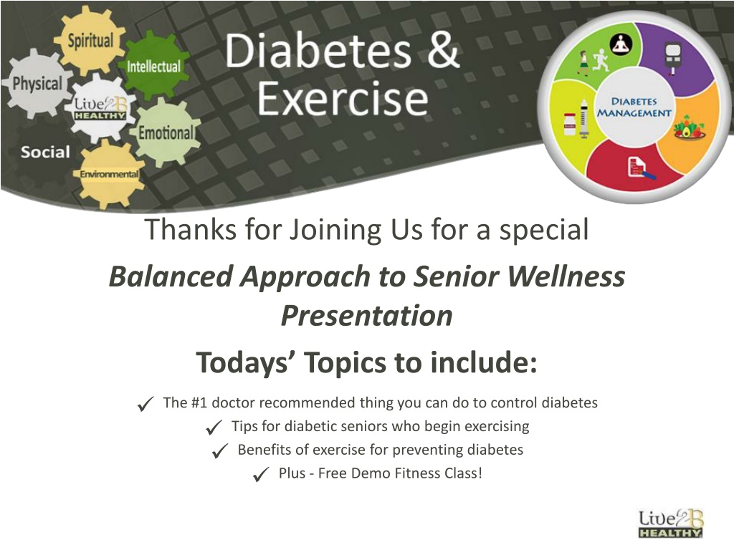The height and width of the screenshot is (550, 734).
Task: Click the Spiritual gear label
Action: point(90,41)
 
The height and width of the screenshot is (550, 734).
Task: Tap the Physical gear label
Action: point(37,85)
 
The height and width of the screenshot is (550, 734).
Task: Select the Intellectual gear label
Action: point(153,67)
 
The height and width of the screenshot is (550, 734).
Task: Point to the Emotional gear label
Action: point(166,133)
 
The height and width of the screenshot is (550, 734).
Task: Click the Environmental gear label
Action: point(109,174)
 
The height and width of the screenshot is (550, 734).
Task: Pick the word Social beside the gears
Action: point(45,152)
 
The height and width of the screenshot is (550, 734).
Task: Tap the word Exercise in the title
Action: point(343,98)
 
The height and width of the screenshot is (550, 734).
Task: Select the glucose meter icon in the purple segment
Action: point(673,59)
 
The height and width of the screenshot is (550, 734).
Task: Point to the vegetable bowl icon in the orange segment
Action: point(690,127)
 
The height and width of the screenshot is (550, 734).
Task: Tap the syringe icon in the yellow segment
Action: point(584,119)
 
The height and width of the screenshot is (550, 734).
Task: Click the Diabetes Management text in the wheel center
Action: point(634,107)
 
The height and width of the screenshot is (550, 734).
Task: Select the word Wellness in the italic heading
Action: point(566,276)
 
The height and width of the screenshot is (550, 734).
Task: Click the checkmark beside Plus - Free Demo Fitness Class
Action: point(261,474)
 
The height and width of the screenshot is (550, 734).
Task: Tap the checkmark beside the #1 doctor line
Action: point(146,404)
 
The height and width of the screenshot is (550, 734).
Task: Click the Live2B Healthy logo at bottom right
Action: point(671,524)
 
